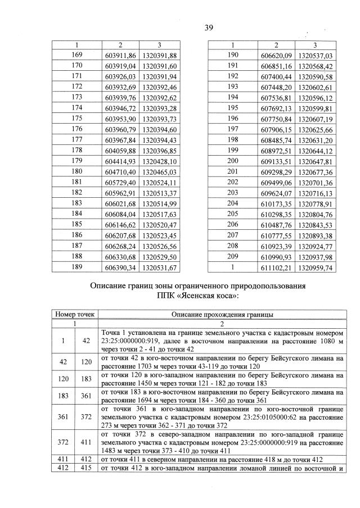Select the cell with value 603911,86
[121, 55]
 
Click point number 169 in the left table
[77, 55]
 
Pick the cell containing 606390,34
[121, 268]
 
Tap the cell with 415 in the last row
[86, 468]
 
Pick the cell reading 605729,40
[121, 183]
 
